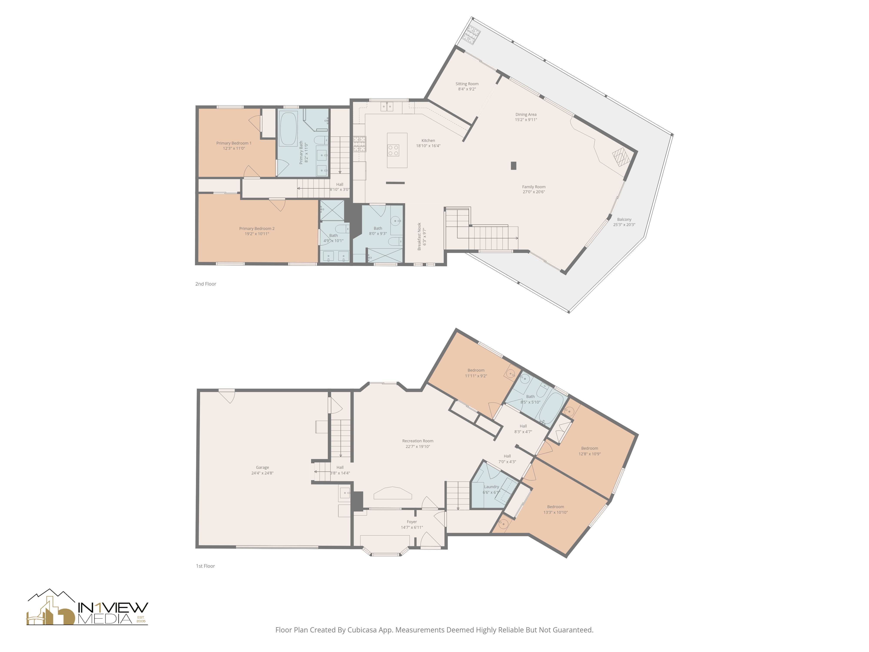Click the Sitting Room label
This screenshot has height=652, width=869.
point(467,84)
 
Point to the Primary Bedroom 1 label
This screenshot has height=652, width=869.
point(234,143)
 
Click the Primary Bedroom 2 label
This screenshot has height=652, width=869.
point(257,228)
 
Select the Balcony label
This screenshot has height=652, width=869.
point(624,219)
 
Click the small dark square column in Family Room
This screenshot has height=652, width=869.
point(513,165)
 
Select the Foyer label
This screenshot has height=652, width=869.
point(411,522)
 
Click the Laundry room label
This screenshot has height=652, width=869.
point(491,487)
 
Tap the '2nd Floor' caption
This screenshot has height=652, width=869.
point(206,284)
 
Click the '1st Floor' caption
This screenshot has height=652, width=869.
point(205,566)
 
